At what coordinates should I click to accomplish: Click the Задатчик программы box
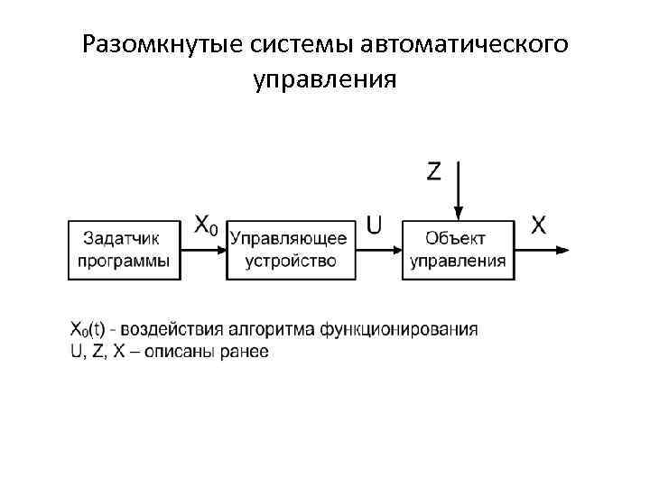pos(125,250)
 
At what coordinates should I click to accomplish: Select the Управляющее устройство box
pos(290,250)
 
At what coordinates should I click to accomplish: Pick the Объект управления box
pos(459,250)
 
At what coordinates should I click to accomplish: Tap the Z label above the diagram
pos(434,171)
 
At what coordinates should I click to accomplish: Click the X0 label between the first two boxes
pos(206,225)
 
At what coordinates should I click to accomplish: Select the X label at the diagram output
pos(538,225)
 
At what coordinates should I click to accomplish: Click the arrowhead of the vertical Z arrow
pos(459,214)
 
